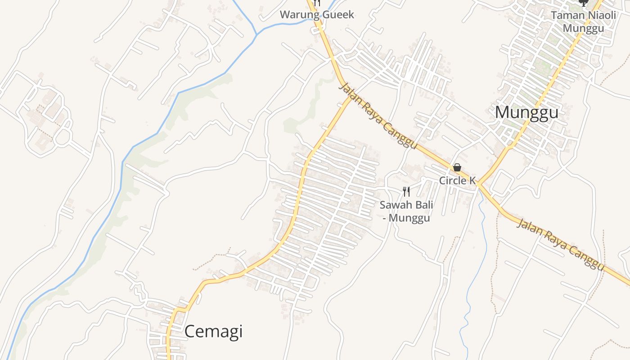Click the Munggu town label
[x=526, y=112]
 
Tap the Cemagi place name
[x=213, y=332]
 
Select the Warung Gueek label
[x=317, y=14]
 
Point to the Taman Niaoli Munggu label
[x=583, y=22]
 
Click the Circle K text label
[x=457, y=181]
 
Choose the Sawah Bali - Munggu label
[x=406, y=211]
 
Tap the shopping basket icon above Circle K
[x=457, y=167]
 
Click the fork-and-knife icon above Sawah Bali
[x=406, y=192]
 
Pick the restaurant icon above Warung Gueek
[x=317, y=3]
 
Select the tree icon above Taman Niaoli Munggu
[x=583, y=3]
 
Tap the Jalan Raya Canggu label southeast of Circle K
[x=560, y=245]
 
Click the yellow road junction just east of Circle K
[x=478, y=184]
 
